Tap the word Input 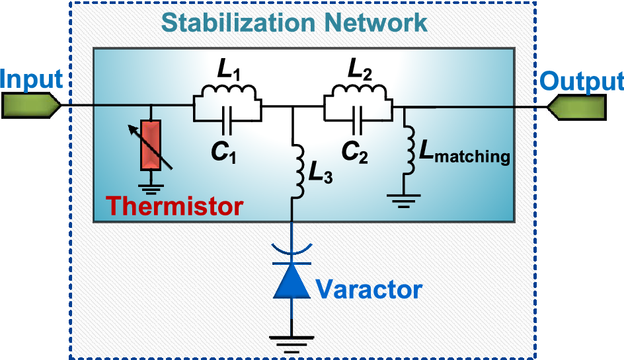[32, 79]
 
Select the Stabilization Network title [295, 22]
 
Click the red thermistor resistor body [151, 144]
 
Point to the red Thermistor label [175, 206]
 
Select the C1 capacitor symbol [227, 120]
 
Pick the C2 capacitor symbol [358, 120]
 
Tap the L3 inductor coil [296, 166]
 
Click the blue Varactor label [368, 289]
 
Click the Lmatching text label [463, 153]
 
